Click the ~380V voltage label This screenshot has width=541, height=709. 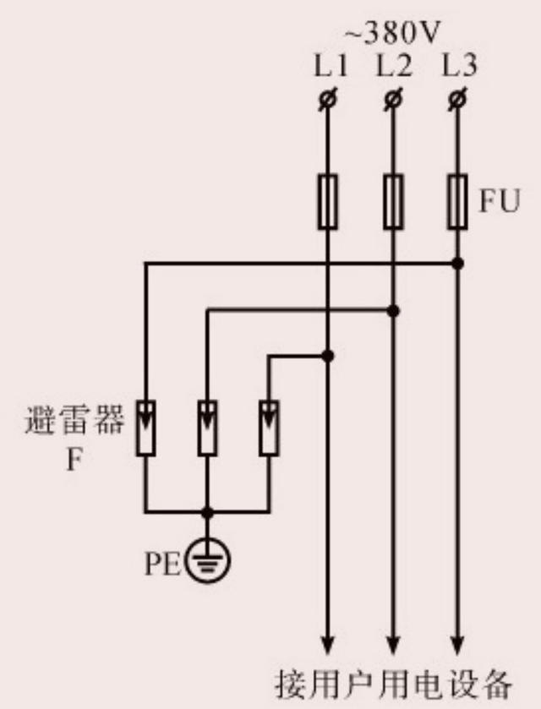(x=391, y=34)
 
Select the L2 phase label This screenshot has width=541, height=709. (x=392, y=66)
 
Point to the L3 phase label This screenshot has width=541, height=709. (x=457, y=66)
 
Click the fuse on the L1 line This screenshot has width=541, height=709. (x=327, y=201)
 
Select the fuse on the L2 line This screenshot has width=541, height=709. (x=392, y=201)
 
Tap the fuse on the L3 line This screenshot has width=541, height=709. (x=457, y=201)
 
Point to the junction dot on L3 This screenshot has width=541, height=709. (x=457, y=264)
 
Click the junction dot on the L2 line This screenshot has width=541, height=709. (x=392, y=310)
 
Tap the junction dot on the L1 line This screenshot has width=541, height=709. (x=328, y=357)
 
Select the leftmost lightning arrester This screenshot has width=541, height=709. (x=145, y=428)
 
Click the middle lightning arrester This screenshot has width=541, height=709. (x=206, y=428)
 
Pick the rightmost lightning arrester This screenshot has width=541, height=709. (x=269, y=428)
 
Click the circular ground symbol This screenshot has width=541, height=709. (x=205, y=559)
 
